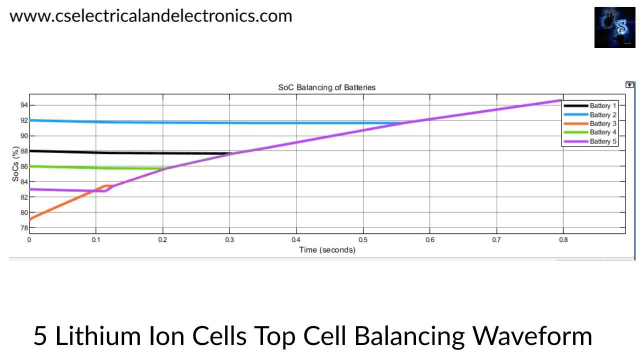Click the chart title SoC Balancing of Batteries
coord(326,87)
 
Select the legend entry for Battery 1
coord(603,106)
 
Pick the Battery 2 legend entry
coord(603,115)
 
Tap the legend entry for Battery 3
coord(603,123)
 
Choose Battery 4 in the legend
coord(603,132)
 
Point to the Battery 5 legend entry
coord(603,141)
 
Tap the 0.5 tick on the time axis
coord(363,240)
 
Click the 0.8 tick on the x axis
coord(563,240)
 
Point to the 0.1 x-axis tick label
coord(96,240)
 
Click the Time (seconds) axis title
coord(327,249)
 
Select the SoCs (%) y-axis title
coord(15,163)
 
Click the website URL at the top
coord(150,16)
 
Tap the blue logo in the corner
coord(614,27)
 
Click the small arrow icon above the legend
coord(629,85)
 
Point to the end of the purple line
coord(562,100)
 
